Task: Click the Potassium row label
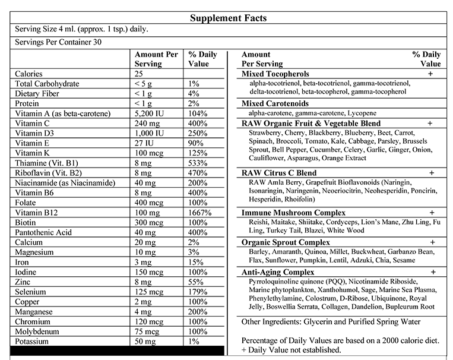[33, 342]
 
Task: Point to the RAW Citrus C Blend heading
[279, 172]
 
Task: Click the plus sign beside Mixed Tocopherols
[430, 74]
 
